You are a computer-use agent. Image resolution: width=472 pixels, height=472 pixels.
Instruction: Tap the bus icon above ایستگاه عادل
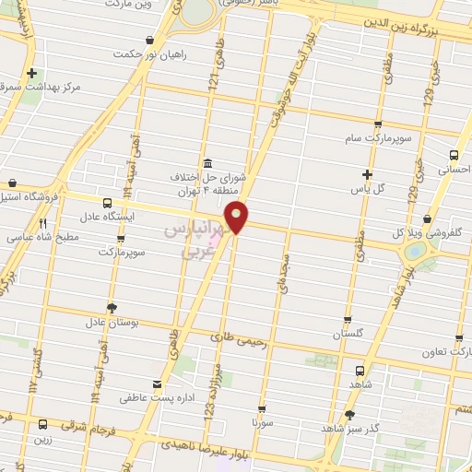[x=108, y=203]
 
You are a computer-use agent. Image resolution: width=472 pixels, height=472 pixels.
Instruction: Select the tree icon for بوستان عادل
[x=112, y=307]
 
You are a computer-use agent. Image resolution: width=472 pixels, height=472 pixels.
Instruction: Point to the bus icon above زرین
[x=43, y=424]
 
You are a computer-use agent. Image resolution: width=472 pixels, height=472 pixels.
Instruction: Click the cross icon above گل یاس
[x=368, y=173]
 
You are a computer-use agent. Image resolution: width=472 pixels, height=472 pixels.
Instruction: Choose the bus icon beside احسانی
[x=453, y=155]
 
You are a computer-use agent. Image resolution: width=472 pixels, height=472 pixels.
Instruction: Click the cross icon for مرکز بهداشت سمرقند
[x=32, y=73]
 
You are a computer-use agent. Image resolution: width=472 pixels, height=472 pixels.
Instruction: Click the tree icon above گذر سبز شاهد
[x=349, y=415]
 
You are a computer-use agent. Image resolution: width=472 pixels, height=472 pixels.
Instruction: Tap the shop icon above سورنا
[x=262, y=407]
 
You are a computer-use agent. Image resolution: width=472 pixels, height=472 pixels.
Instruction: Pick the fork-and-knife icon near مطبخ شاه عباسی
[x=42, y=223]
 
